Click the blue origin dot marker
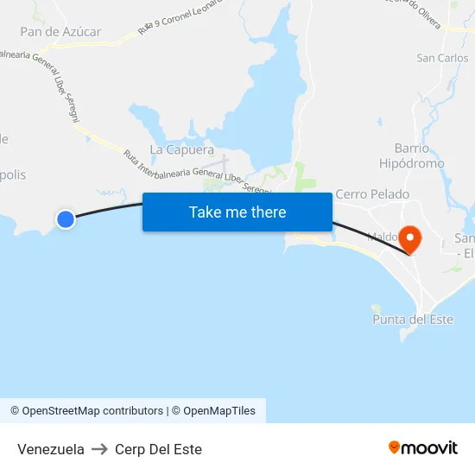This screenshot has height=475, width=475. pyautogui.click(x=65, y=219)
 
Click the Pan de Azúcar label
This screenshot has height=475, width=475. pyautogui.click(x=60, y=32)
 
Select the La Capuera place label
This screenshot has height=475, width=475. pyautogui.click(x=181, y=149)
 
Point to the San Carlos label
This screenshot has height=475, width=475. pyautogui.click(x=442, y=59)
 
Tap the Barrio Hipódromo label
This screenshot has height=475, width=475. pyautogui.click(x=412, y=155)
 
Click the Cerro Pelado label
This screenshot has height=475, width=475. pyautogui.click(x=372, y=194)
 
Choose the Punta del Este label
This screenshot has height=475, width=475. pyautogui.click(x=412, y=320)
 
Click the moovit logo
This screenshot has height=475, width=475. pyautogui.click(x=423, y=448)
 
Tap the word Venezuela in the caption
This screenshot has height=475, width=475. pyautogui.click(x=51, y=449)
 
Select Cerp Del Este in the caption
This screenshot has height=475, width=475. pyautogui.click(x=158, y=449)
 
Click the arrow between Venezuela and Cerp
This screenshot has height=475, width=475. pyautogui.click(x=99, y=449)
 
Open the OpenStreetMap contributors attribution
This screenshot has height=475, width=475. pyautogui.click(x=87, y=411)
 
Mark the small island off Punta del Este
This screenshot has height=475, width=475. pyautogui.click(x=376, y=308)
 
